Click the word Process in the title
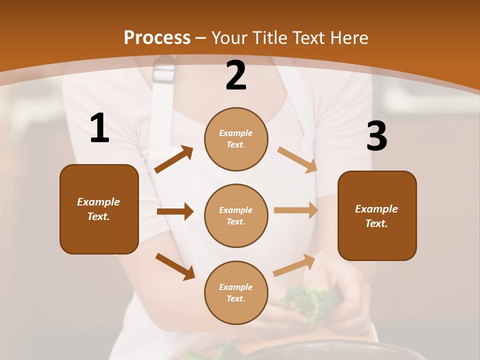pos(157,37)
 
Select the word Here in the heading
pos(348,37)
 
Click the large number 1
pos(99,128)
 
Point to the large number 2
pos(236,76)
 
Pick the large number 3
pos(376,136)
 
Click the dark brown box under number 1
pos(99,209)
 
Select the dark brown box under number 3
pos(377,216)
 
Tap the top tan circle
pos(236,139)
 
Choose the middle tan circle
pos(236,215)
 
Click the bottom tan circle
pos(236,292)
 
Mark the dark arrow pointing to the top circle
pos(174,159)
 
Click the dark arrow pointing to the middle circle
pos(175,211)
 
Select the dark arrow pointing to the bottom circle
pos(175,266)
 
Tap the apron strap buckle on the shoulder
pos(164,70)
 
